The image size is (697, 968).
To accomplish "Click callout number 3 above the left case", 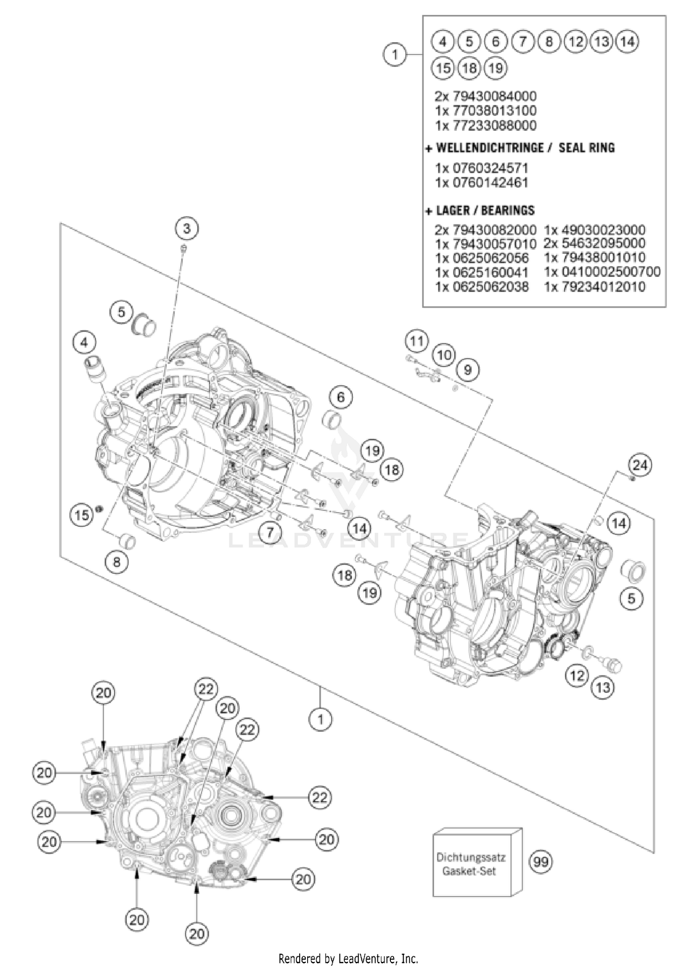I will (186, 228).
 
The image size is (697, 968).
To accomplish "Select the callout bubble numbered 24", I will (640, 465).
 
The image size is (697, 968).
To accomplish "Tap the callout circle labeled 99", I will (540, 862).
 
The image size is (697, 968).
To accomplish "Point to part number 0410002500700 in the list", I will (602, 272).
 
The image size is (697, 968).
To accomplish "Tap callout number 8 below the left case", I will (117, 562).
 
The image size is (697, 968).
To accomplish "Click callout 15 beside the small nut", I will (82, 515).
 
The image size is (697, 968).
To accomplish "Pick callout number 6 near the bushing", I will (341, 397).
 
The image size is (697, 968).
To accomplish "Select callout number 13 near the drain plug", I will (603, 687).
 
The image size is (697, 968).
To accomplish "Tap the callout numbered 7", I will (270, 532).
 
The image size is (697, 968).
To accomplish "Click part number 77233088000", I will (486, 126).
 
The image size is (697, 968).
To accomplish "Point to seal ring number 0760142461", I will (482, 183).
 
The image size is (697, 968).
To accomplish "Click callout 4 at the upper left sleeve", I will (84, 343).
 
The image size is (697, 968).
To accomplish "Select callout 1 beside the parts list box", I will (395, 55).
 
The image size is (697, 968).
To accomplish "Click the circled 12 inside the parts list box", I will (575, 42).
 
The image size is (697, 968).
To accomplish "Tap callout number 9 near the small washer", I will (468, 370).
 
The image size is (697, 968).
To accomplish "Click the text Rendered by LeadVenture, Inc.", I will (348, 958).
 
